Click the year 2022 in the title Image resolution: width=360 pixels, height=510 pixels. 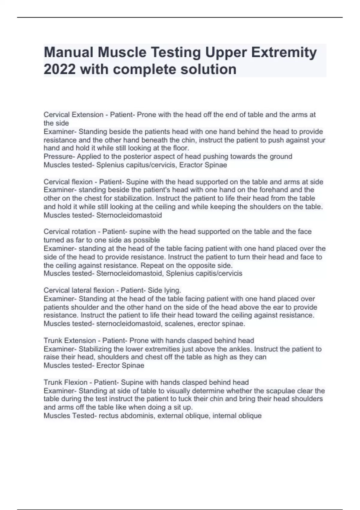[x=59, y=69]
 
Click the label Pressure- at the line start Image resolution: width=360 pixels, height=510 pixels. [x=59, y=156]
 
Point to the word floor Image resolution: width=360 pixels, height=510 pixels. [x=181, y=148]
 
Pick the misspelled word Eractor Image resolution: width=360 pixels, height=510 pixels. [x=190, y=165]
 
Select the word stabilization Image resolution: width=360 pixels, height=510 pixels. [x=132, y=198]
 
